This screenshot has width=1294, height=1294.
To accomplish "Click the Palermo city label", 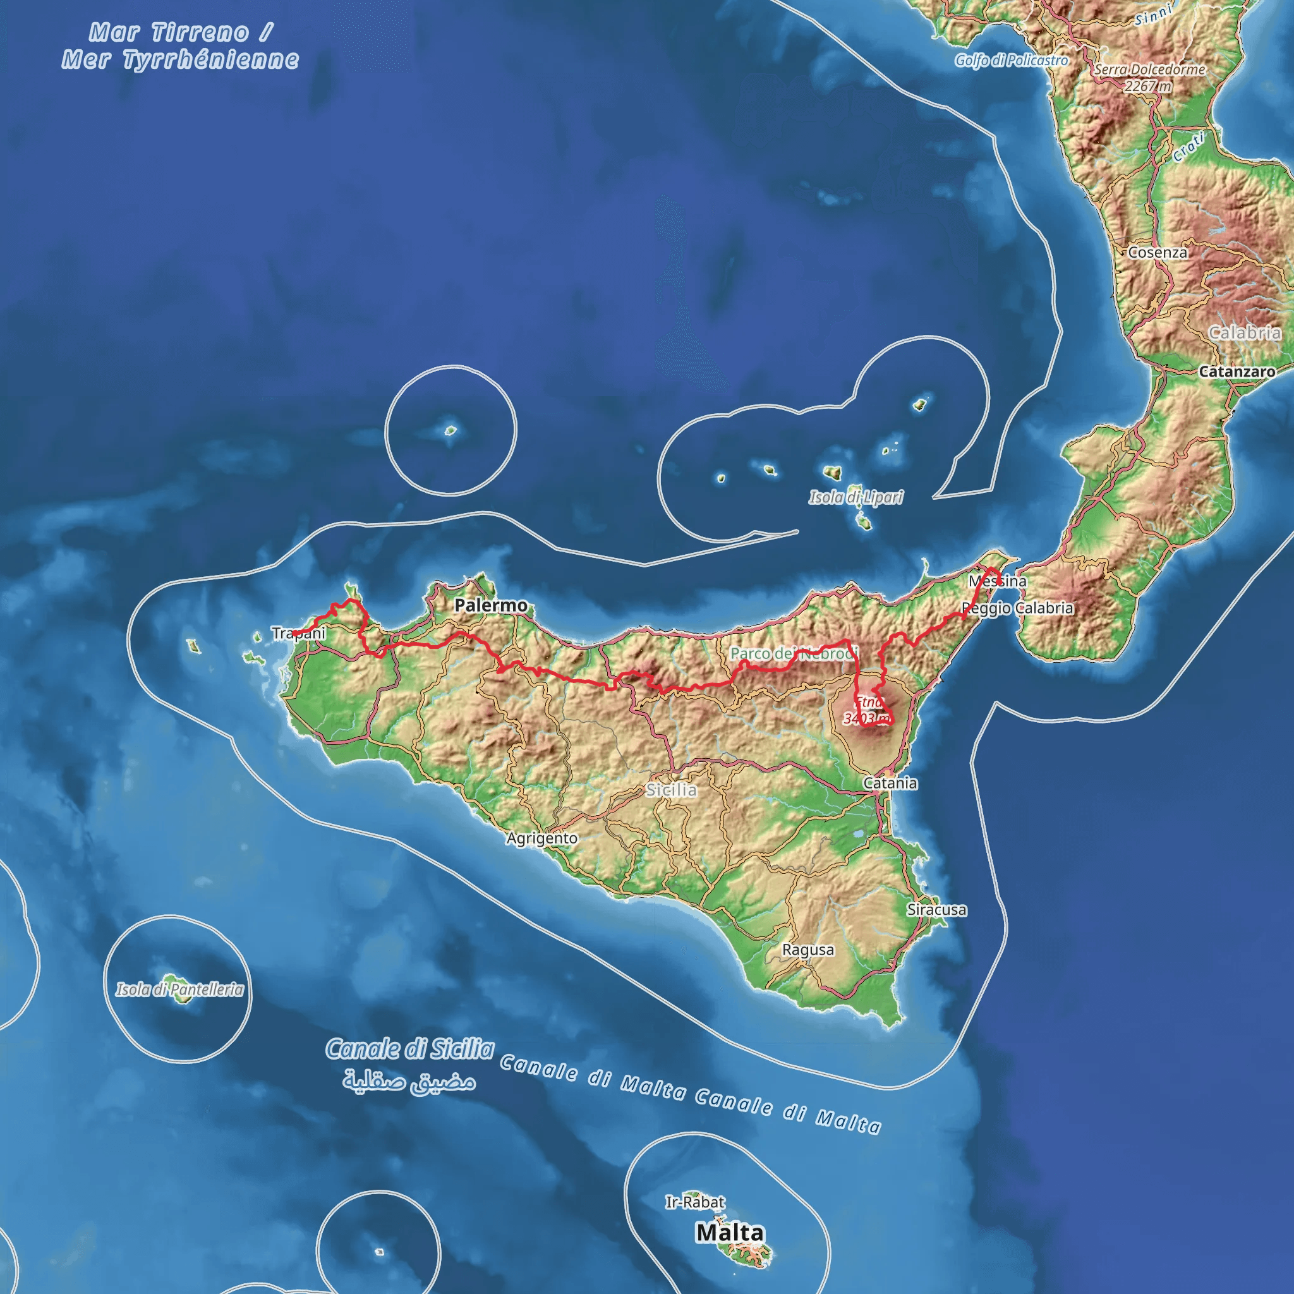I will pyautogui.click(x=491, y=605).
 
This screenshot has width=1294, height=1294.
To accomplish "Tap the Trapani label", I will pyautogui.click(x=299, y=633).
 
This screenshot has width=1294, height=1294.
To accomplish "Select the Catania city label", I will pyautogui.click(x=890, y=783).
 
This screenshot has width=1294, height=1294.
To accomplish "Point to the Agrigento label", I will pyautogui.click(x=542, y=838).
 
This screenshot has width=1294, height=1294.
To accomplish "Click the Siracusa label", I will pyautogui.click(x=937, y=910).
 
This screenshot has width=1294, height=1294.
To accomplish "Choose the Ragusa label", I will pyautogui.click(x=808, y=950).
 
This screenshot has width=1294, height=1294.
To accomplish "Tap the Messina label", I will pyautogui.click(x=997, y=581).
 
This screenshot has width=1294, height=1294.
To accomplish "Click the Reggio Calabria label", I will pyautogui.click(x=1018, y=608).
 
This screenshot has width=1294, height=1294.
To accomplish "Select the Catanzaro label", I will pyautogui.click(x=1237, y=372).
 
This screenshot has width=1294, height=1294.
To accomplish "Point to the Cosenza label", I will pyautogui.click(x=1158, y=253).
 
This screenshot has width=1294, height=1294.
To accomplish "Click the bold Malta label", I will pyautogui.click(x=729, y=1232).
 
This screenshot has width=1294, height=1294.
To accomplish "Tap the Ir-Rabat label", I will pyautogui.click(x=695, y=1202).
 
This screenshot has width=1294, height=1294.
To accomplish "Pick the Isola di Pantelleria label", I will pyautogui.click(x=179, y=989).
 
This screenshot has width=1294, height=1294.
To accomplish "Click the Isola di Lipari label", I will pyautogui.click(x=856, y=497).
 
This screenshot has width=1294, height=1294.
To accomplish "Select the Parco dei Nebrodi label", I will pyautogui.click(x=794, y=653).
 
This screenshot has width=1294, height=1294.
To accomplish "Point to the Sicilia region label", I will pyautogui.click(x=671, y=790).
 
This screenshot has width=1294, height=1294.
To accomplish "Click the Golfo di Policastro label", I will pyautogui.click(x=1012, y=60).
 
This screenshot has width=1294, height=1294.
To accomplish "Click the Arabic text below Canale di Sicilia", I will pyautogui.click(x=409, y=1081).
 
